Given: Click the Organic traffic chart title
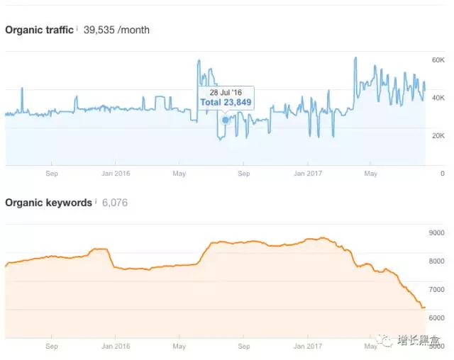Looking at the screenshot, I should tap(38, 30).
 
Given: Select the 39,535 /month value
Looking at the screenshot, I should tap(116, 30).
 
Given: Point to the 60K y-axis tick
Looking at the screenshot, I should tap(438, 61).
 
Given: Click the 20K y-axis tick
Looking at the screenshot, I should tap(438, 135).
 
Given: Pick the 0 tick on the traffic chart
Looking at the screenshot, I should tap(442, 173).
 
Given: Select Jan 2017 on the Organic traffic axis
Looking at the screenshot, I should tap(309, 173).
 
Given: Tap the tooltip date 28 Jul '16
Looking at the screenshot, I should tap(226, 93).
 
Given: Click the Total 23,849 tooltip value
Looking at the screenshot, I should tap(226, 103).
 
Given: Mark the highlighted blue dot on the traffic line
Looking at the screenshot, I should tap(226, 120).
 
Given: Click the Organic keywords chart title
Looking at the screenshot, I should tap(48, 203).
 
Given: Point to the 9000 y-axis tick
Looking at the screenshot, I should tap(436, 233).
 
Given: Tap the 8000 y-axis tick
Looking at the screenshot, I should tap(436, 261).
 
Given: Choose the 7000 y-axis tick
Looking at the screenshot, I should tap(436, 290).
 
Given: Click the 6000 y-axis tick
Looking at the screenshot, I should tap(436, 317).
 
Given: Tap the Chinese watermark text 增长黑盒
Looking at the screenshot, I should tap(417, 339).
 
